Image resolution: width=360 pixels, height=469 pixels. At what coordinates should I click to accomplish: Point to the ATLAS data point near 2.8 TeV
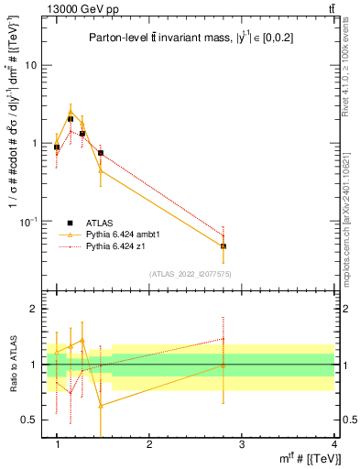tap(224, 246)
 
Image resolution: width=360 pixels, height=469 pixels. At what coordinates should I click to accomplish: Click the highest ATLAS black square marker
tap(71, 119)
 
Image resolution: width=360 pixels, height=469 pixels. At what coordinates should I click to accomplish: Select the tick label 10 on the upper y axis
tap(30, 65)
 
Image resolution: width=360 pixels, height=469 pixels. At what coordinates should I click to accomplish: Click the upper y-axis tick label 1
tap(34, 144)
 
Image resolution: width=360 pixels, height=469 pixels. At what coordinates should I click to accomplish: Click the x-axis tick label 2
tap(149, 444)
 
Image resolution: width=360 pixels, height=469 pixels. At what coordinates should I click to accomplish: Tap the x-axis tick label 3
tap(242, 444)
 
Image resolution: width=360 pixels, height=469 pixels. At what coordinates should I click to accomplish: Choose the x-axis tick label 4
tap(333, 444)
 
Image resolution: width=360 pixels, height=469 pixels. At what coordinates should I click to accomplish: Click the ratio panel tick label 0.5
tap(30, 420)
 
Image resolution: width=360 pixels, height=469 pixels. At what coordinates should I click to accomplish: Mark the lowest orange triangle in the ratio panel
tap(101, 404)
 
